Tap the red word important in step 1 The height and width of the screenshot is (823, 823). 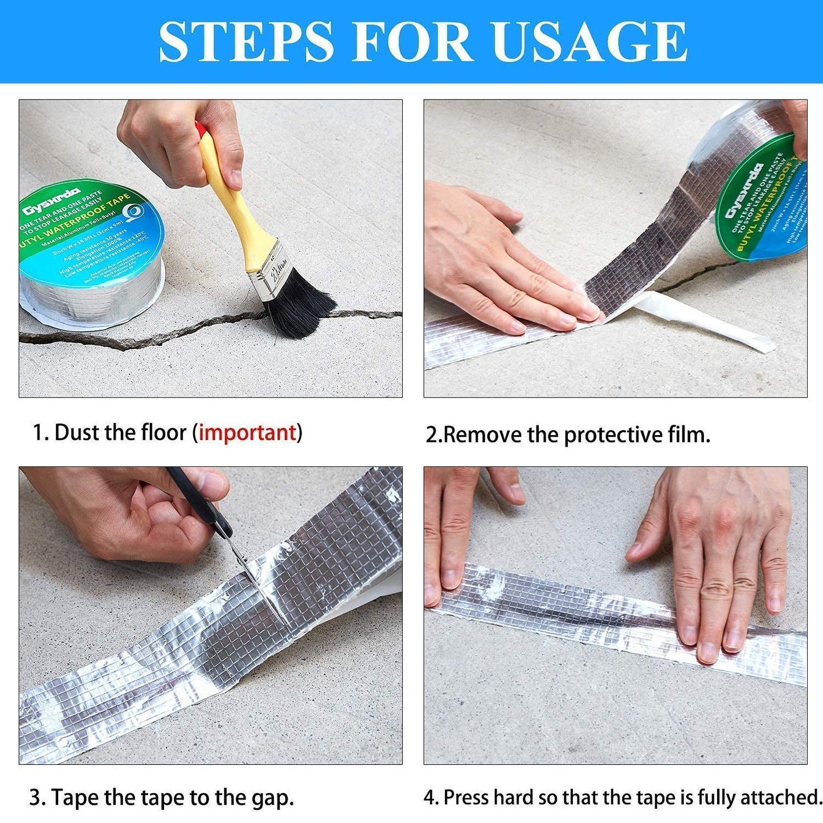(x=247, y=433)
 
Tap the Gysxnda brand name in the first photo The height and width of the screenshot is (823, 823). (x=51, y=202)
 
